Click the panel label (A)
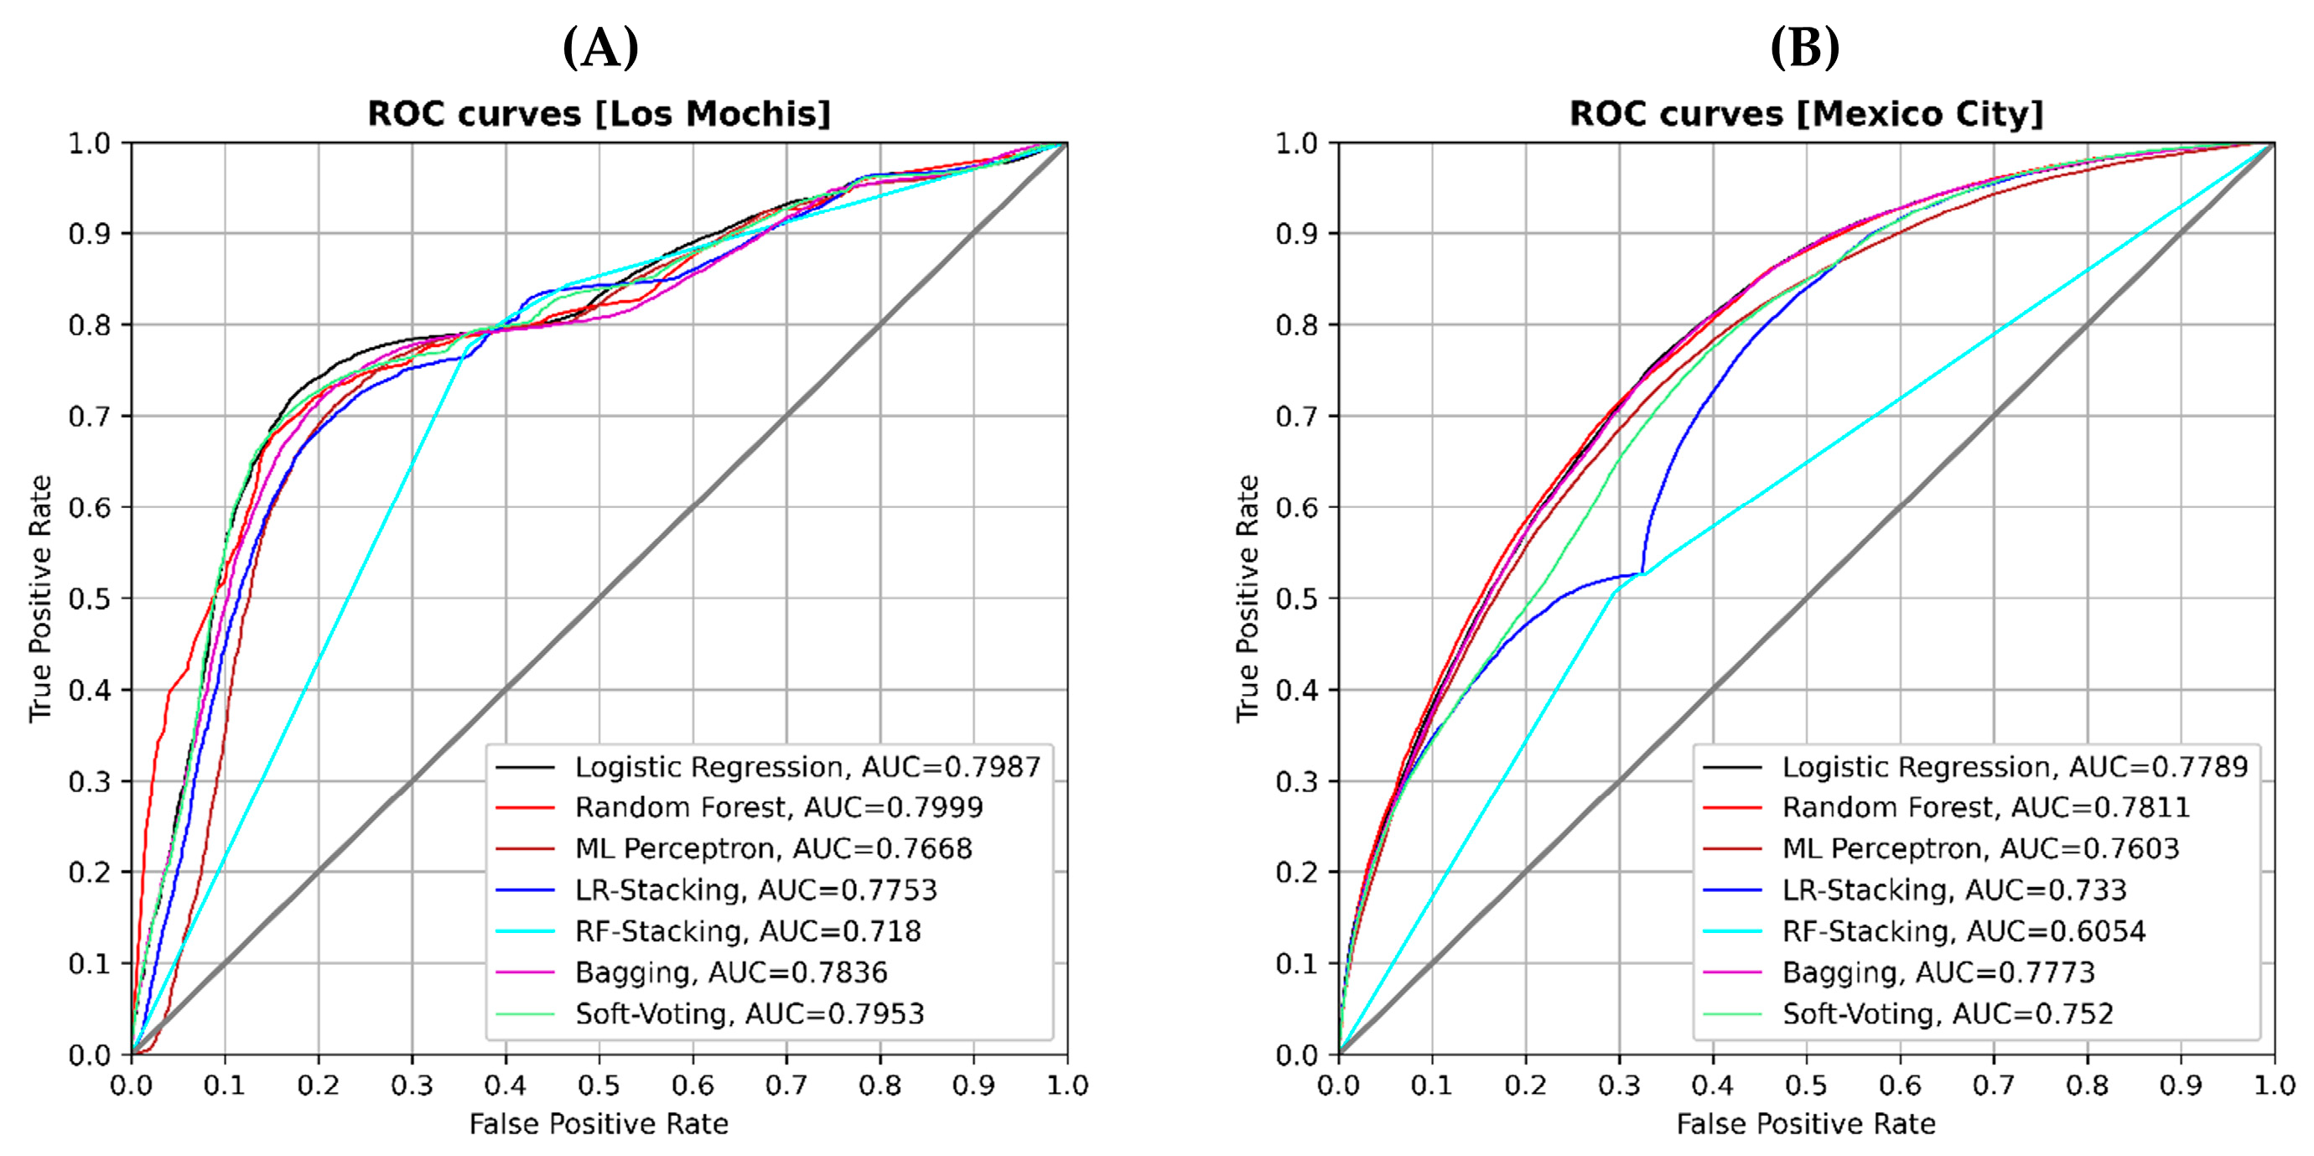[x=600, y=48]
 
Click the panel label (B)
[x=1803, y=48]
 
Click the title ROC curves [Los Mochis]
[x=599, y=114]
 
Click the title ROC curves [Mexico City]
[x=1806, y=114]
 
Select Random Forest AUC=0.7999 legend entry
[x=779, y=807]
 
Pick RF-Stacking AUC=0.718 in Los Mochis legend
[x=747, y=931]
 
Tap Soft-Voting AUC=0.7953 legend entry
[x=750, y=1014]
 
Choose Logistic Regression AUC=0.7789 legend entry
[x=2015, y=767]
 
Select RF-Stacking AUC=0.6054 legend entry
[x=1964, y=931]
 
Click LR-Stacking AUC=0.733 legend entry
[x=1953, y=890]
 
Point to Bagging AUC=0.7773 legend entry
[x=1938, y=972]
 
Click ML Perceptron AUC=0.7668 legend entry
[x=773, y=849]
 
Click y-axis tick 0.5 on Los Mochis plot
[x=89, y=599]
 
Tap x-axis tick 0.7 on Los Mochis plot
[x=786, y=1086]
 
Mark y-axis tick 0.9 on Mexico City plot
[x=1296, y=235]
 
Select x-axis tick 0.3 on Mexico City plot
[x=1619, y=1086]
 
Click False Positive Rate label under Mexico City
[x=1806, y=1124]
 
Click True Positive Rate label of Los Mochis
[x=40, y=599]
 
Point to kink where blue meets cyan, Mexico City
[x=1643, y=573]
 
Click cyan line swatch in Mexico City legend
[x=1732, y=931]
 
